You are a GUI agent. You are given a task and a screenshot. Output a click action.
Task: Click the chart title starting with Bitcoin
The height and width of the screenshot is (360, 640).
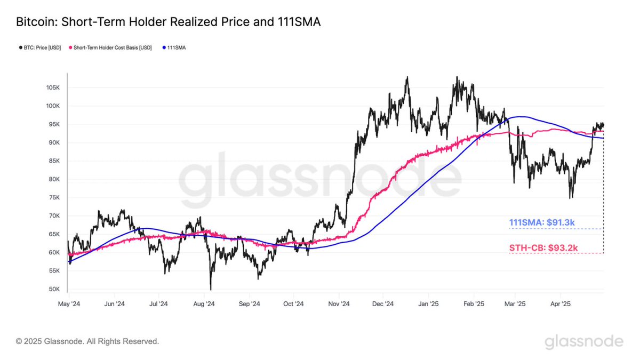(168, 22)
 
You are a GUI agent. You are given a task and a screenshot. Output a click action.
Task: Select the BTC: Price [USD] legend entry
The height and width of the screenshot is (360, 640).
(39, 47)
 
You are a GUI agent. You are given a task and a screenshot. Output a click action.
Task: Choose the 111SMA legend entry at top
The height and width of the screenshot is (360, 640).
(175, 47)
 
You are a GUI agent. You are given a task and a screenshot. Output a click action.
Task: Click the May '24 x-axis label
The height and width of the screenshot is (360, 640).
(68, 304)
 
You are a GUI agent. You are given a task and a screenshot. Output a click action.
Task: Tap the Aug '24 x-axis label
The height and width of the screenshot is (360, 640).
(203, 304)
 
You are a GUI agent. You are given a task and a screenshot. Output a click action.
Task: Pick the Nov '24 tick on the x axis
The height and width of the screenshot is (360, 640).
(338, 304)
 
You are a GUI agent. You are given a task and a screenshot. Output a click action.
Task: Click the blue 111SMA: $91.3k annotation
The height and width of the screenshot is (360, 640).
(542, 222)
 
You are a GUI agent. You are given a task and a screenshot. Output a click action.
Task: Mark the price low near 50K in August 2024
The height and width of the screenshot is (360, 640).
(211, 289)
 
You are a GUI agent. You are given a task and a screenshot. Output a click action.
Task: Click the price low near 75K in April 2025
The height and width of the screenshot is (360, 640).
(571, 197)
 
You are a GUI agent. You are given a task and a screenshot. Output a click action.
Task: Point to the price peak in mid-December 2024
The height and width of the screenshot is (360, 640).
(407, 78)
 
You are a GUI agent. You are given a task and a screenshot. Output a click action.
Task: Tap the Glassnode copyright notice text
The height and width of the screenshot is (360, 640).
(87, 341)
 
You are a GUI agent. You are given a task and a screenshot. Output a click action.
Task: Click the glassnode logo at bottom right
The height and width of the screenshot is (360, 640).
(583, 341)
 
